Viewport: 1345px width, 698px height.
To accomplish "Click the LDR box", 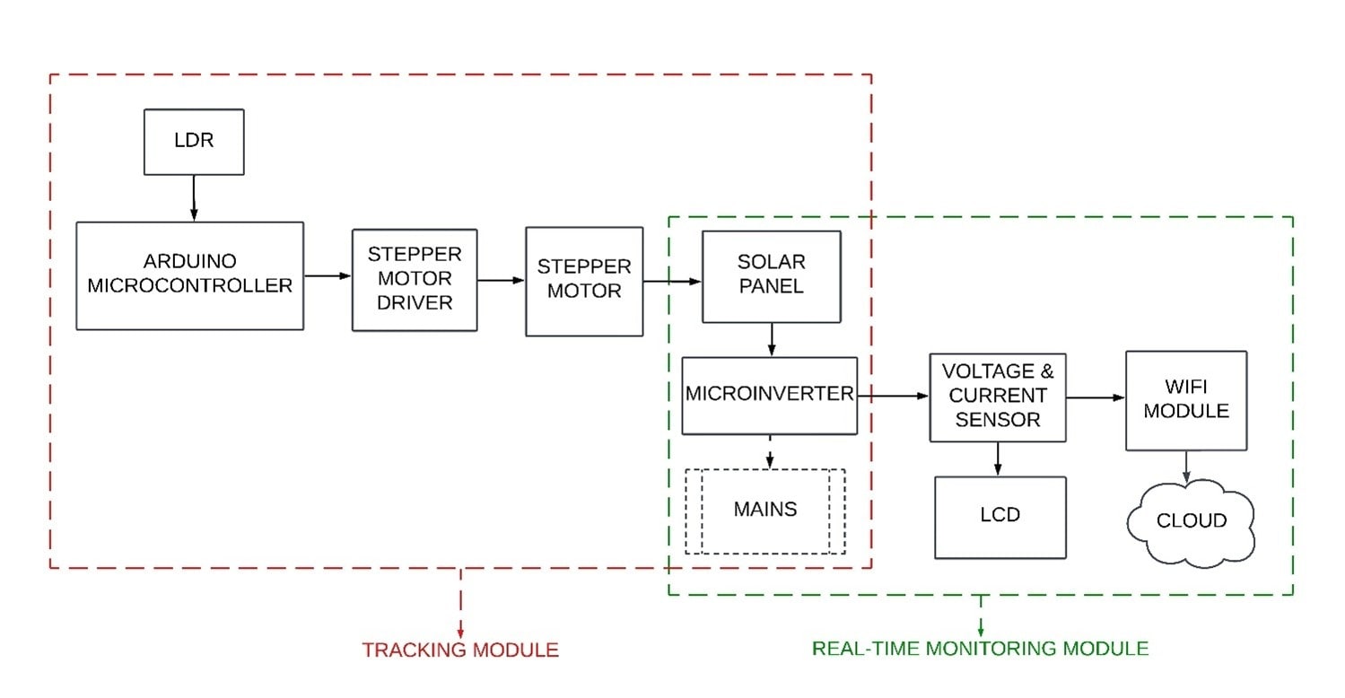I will tap(194, 142).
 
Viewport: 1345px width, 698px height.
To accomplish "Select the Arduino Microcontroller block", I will tap(189, 275).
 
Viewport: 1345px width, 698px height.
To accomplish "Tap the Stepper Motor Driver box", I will tap(414, 279).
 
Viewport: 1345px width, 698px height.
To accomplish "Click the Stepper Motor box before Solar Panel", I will tap(584, 281).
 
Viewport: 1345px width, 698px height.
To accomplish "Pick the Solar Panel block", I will tap(771, 275).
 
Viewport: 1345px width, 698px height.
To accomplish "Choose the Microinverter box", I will tap(769, 395).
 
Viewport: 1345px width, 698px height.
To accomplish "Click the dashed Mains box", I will tap(765, 510).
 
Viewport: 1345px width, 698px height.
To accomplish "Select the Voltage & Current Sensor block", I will tap(998, 397).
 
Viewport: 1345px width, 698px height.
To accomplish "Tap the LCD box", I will tap(1000, 517).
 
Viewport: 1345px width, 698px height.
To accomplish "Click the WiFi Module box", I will tap(1185, 400).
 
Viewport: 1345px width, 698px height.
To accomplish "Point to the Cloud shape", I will tap(1191, 521).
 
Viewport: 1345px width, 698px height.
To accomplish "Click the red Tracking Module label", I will tap(460, 650).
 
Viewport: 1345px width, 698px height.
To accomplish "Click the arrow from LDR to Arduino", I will tap(194, 197).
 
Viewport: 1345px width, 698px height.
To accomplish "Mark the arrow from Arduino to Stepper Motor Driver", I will tap(328, 275).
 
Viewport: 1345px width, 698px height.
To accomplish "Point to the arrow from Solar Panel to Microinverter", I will tap(771, 339).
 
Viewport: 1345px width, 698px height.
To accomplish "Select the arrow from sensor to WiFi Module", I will tap(1096, 397).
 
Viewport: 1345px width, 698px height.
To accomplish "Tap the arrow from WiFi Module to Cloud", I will tap(1187, 467).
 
